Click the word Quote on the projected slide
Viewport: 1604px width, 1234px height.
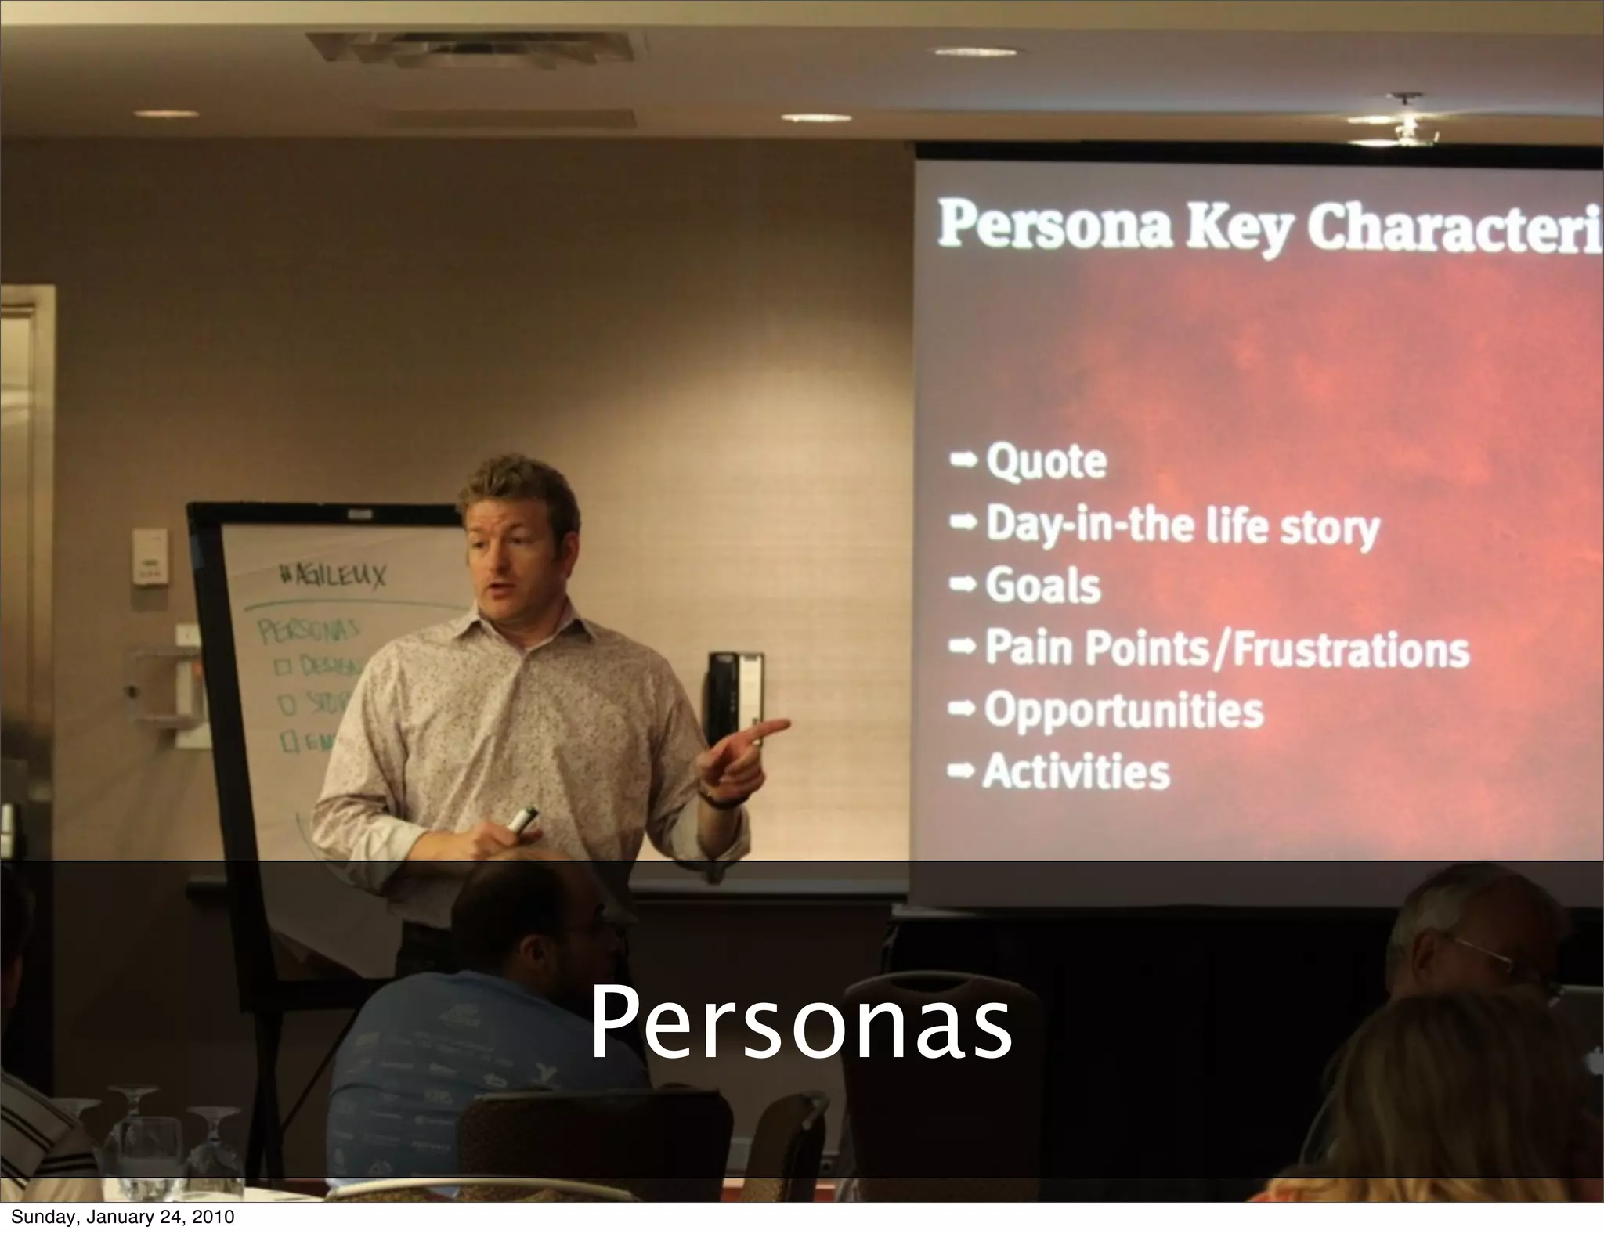pos(1046,461)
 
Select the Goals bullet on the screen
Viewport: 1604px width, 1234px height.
pos(1042,586)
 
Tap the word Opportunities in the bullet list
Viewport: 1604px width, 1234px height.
pos(1124,710)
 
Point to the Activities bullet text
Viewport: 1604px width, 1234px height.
pos(1076,772)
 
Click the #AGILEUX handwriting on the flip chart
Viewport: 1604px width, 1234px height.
pos(332,578)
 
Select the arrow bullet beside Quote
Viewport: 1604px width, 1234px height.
pos(963,460)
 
